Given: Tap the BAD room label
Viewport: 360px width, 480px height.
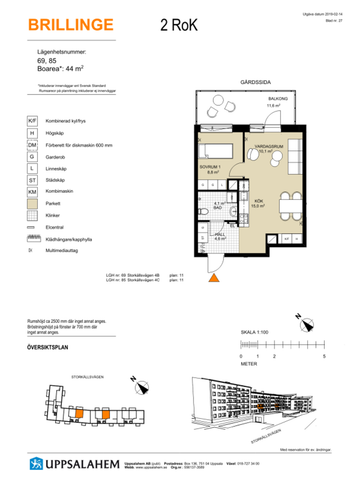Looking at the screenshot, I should (218, 207).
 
